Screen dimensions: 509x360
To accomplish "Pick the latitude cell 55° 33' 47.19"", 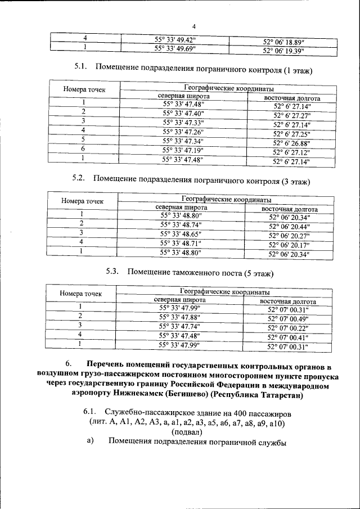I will (183, 150).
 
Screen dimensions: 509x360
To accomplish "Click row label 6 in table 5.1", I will (83, 148).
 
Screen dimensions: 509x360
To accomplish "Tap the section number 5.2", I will (79, 179).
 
